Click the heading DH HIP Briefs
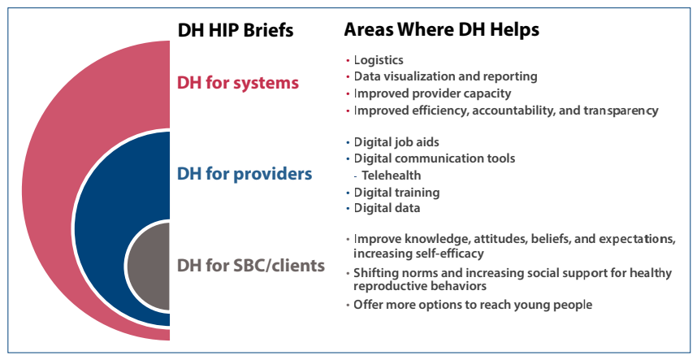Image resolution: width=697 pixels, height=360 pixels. (x=235, y=30)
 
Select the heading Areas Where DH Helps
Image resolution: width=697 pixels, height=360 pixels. (x=441, y=30)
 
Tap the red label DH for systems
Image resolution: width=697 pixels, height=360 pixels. (x=238, y=83)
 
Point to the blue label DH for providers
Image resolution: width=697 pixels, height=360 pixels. (x=245, y=173)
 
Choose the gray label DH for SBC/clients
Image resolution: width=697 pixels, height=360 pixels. (x=251, y=266)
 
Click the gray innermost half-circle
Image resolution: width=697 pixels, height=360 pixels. (x=149, y=267)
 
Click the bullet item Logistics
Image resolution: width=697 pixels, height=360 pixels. (x=379, y=60)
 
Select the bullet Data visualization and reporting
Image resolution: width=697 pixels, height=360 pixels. (x=445, y=76)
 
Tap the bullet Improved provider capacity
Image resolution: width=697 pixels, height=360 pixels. (x=432, y=93)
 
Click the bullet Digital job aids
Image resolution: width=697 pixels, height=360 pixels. (x=396, y=142)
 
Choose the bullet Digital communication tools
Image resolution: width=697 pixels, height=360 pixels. (x=435, y=158)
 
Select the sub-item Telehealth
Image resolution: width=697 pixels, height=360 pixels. (x=392, y=176)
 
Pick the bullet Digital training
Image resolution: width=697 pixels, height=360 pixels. (x=396, y=193)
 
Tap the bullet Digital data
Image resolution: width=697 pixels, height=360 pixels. (x=387, y=208)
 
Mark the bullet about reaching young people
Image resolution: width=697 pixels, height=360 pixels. (x=473, y=305)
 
